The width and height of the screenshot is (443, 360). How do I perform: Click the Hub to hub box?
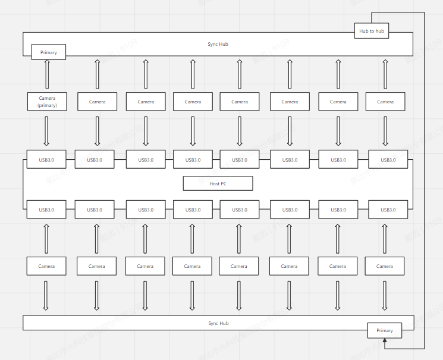[371, 31]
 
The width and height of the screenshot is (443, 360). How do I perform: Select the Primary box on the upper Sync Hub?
[48, 52]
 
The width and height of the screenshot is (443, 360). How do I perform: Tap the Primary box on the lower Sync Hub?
[384, 330]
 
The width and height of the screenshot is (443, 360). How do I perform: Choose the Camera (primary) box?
[47, 102]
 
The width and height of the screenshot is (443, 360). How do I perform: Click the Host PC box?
[218, 184]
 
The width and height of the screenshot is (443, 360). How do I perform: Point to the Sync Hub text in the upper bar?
[218, 44]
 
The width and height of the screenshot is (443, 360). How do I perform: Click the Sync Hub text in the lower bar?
[218, 323]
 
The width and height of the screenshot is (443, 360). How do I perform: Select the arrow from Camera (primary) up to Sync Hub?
[47, 74]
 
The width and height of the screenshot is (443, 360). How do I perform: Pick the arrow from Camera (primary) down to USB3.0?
[47, 131]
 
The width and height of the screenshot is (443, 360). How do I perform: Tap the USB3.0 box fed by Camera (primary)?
[46, 159]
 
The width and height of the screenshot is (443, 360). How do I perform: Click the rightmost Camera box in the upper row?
[385, 102]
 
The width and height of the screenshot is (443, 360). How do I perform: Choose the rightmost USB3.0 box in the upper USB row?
[388, 159]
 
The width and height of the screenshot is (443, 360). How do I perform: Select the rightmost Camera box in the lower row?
[384, 266]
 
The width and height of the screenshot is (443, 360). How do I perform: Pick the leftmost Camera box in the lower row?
[46, 266]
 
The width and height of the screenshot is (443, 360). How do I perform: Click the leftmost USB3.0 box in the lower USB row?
[46, 210]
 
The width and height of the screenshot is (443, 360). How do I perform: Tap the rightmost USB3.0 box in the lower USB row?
[388, 210]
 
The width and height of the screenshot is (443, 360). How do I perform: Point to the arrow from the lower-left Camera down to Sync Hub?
[46, 295]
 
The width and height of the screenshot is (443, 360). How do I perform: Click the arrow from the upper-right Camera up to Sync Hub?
[385, 74]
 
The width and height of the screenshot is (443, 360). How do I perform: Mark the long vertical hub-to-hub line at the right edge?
[425, 178]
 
